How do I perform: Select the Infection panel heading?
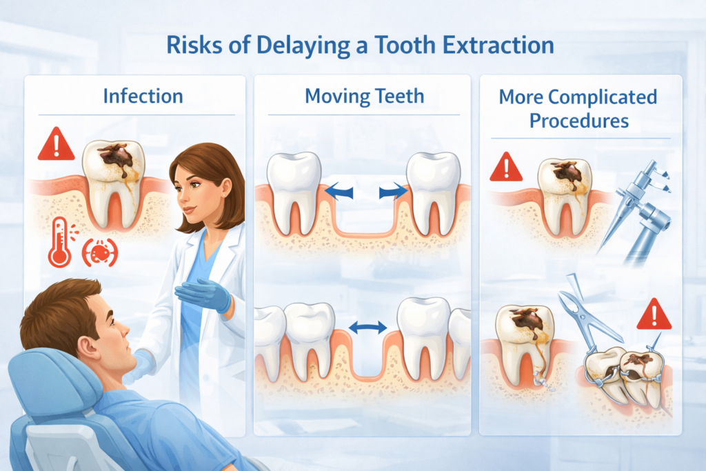click(x=143, y=97)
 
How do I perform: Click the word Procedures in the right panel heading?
click(x=579, y=121)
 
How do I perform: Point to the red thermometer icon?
click(x=60, y=242)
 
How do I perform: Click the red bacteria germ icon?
click(x=99, y=252)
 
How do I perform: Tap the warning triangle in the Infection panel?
click(x=56, y=144)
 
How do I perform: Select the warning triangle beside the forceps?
click(x=654, y=314)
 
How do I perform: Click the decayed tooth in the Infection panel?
click(x=114, y=182)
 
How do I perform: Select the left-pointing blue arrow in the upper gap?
click(x=339, y=191)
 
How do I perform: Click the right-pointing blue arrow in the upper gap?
click(x=393, y=191)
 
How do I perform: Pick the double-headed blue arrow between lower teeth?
click(x=367, y=328)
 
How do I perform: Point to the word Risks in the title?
click(x=194, y=45)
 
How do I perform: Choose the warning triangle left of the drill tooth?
click(x=506, y=167)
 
